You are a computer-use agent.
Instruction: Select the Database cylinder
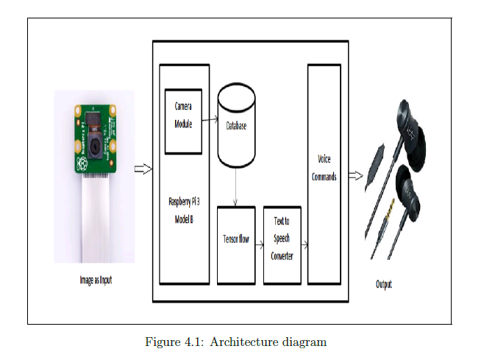[x=236, y=126]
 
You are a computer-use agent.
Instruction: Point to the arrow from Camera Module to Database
[x=209, y=118]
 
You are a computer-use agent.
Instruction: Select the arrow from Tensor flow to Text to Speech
[x=259, y=245]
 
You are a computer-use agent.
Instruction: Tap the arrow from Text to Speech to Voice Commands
[x=304, y=245]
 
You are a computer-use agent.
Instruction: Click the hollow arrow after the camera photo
[x=143, y=170]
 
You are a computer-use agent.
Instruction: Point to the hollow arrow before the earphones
[x=355, y=175]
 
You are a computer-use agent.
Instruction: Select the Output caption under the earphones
[x=383, y=283]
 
